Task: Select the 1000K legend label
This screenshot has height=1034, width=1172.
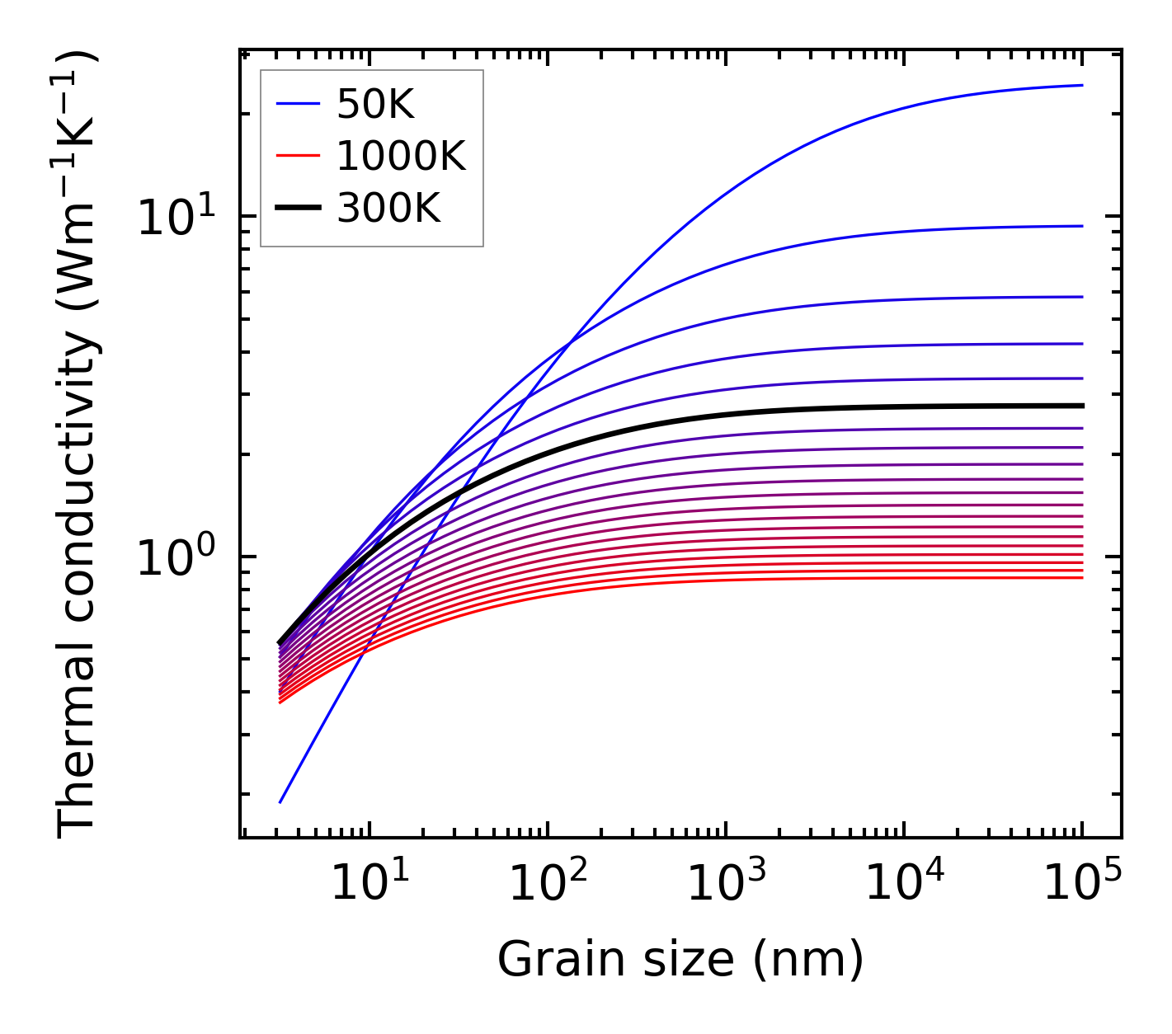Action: (401, 157)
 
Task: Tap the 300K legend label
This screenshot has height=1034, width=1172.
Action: (388, 209)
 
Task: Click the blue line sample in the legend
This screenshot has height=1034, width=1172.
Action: (298, 104)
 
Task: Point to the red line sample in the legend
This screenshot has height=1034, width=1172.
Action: (298, 157)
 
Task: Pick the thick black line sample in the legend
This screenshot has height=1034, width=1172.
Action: (298, 209)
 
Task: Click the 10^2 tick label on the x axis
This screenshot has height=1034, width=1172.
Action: (548, 883)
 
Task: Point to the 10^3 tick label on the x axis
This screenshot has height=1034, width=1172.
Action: (726, 883)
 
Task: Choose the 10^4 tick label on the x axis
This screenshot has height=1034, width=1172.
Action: (904, 883)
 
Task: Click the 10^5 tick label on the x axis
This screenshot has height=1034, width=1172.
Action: (1082, 883)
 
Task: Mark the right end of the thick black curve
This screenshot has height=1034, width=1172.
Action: (1081, 406)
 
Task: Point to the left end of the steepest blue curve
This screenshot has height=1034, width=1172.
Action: (281, 801)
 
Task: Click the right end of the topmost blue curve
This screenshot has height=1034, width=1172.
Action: (1081, 85)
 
